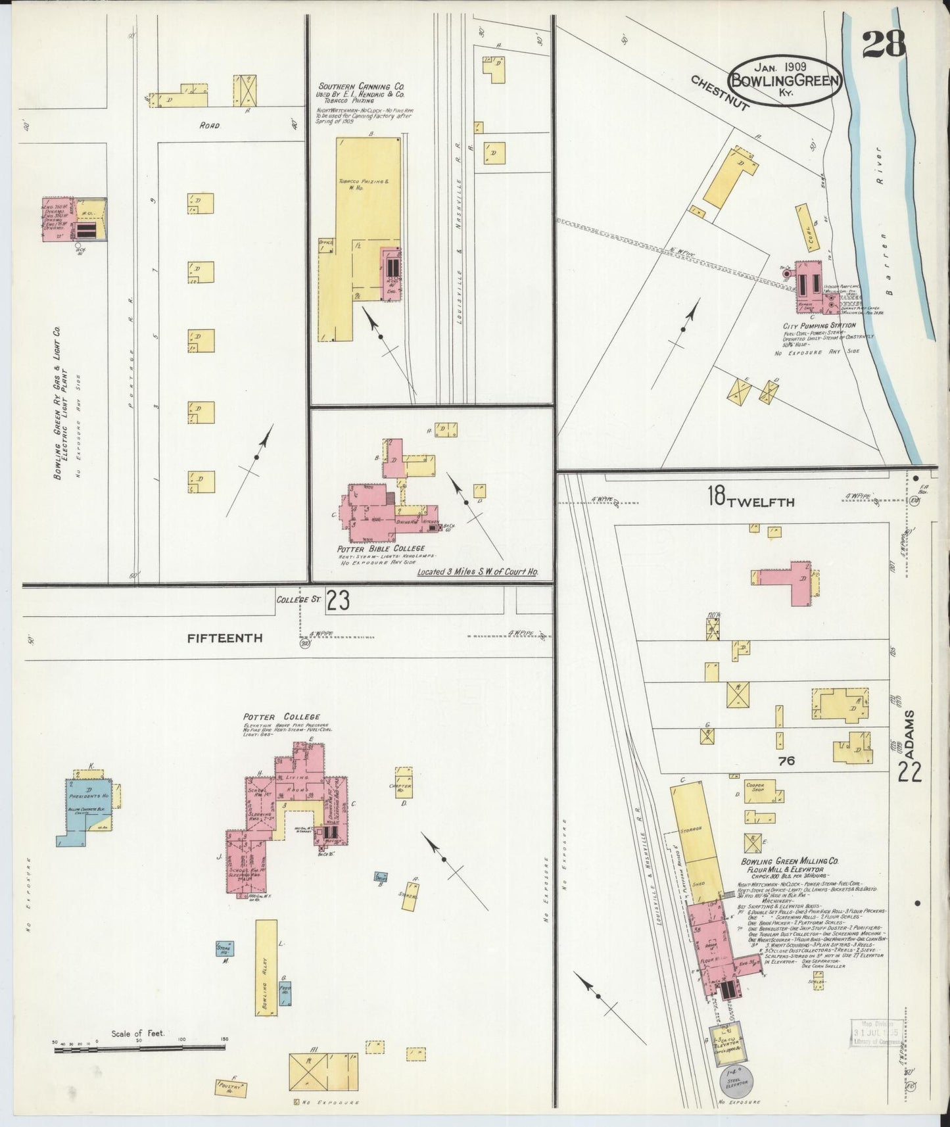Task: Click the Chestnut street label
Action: tap(719, 93)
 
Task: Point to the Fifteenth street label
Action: tap(225, 638)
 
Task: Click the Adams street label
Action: tap(910, 730)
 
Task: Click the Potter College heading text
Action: tap(281, 717)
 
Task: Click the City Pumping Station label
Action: tap(819, 325)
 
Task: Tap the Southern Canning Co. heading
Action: tap(361, 86)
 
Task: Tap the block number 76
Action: tap(786, 761)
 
